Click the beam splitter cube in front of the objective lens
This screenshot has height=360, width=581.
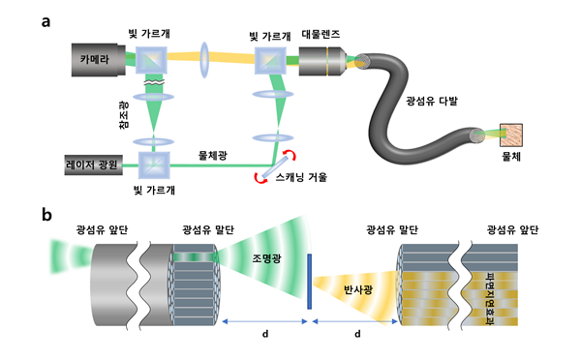[270, 61]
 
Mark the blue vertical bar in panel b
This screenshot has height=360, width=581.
[308, 281]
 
